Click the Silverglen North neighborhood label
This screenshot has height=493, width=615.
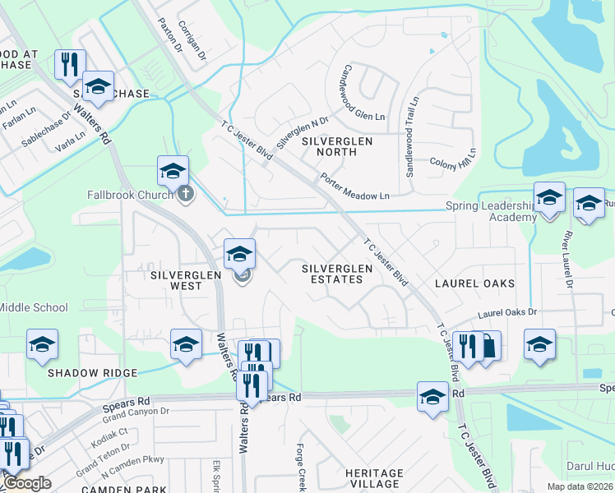337,147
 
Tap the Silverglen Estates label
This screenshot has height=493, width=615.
332,274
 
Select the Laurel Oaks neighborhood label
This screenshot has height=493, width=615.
474,283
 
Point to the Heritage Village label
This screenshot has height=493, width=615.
374,479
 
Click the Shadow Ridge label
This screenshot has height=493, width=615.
92,372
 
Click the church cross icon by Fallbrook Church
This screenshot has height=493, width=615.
187,194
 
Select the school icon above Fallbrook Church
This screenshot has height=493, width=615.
173,172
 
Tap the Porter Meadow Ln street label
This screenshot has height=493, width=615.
354,187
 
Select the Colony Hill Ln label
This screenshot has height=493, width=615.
453,158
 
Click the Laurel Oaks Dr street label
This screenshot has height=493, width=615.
506,313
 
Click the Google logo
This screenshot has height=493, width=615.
27,483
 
